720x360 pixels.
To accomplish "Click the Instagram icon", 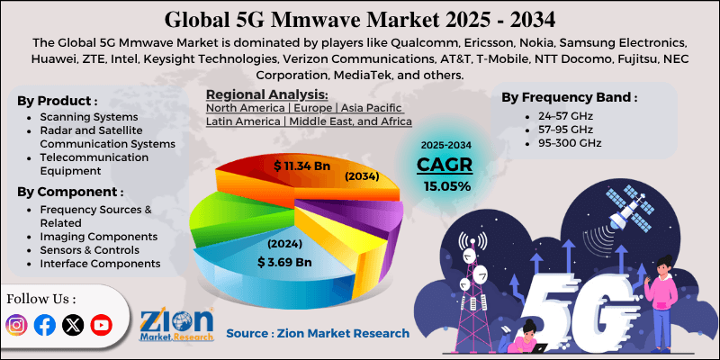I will pos(16,325).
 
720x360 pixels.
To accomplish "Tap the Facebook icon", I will pos(44,325).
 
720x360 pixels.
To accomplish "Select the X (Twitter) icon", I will pos(73,325).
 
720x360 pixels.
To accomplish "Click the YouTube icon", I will pos(102,325).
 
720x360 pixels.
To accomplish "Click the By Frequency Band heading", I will pos(568,97).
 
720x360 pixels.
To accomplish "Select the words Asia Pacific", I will pos(377,106).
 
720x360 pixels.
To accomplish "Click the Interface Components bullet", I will pos(100,263).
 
